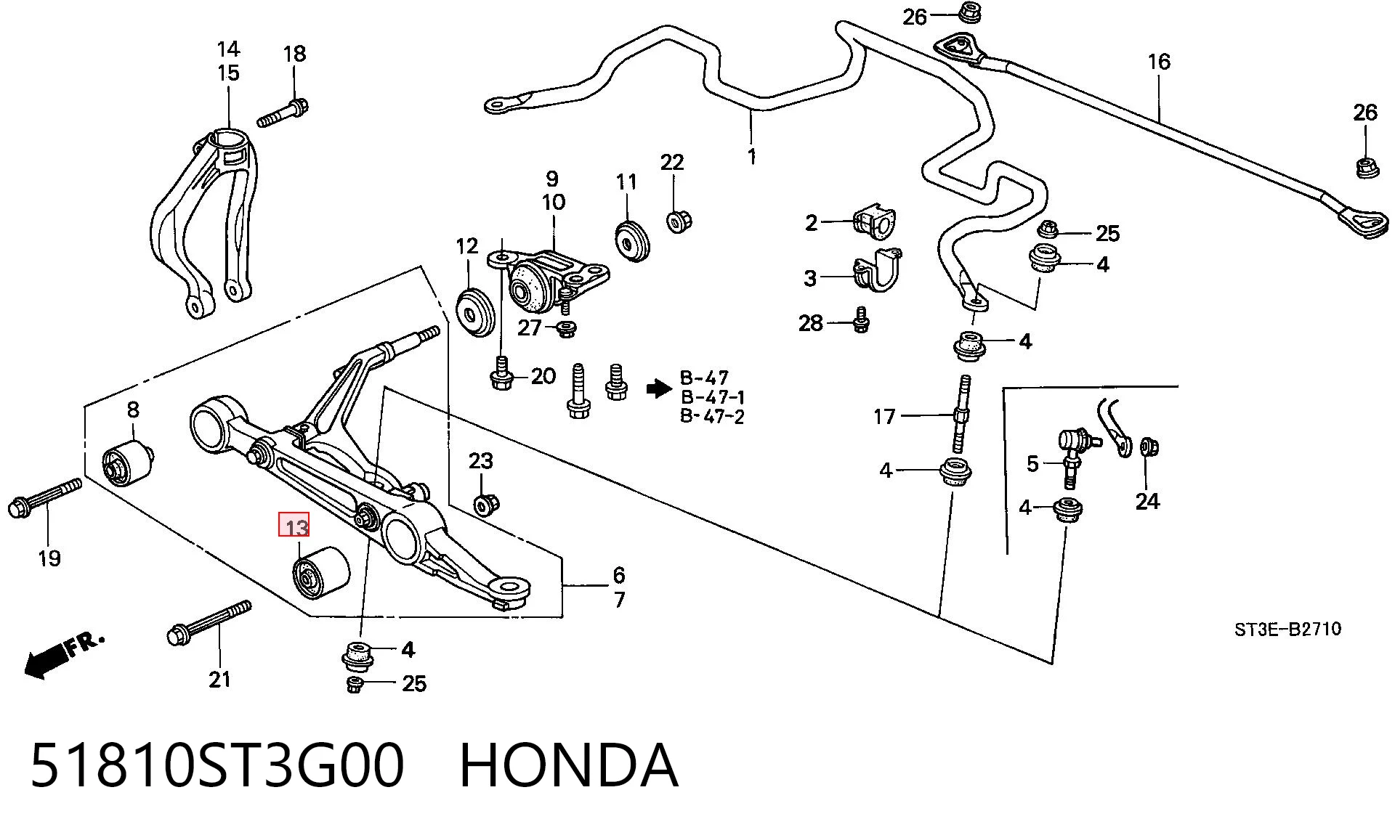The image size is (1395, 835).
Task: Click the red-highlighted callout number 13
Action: pyautogui.click(x=294, y=525)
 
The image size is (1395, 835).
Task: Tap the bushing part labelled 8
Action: pyautogui.click(x=127, y=464)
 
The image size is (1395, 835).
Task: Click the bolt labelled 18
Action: pyautogui.click(x=283, y=113)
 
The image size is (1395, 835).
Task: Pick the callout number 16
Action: pyautogui.click(x=1159, y=62)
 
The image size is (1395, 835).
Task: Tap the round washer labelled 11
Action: pyautogui.click(x=631, y=239)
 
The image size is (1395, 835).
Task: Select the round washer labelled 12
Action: pyautogui.click(x=475, y=311)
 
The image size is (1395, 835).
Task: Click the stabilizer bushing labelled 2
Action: pyautogui.click(x=876, y=221)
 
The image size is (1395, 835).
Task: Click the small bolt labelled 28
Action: pyautogui.click(x=860, y=319)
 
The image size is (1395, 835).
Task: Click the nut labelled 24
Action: pyautogui.click(x=1149, y=447)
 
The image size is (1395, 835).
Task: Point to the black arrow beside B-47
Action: pyautogui.click(x=659, y=389)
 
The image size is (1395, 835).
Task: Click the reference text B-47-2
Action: pyautogui.click(x=712, y=417)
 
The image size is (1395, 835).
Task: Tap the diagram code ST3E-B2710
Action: pyautogui.click(x=1287, y=629)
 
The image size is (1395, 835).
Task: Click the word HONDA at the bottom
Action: pyautogui.click(x=569, y=765)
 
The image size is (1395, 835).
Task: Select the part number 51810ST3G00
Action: pyautogui.click(x=217, y=765)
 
